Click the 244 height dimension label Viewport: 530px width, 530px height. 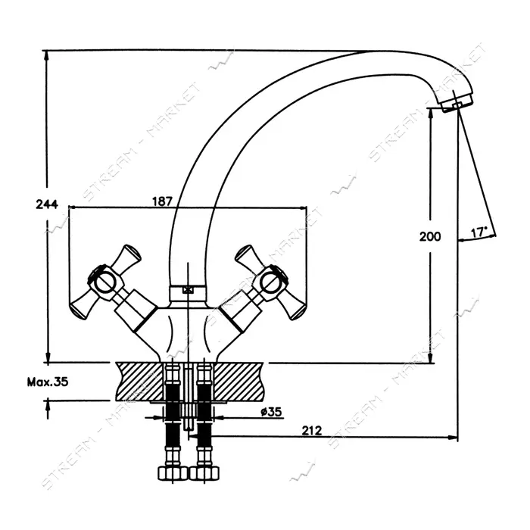(x=47, y=204)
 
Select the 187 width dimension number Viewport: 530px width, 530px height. (x=162, y=201)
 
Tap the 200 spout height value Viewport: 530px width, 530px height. (x=430, y=236)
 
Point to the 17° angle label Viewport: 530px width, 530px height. (x=479, y=232)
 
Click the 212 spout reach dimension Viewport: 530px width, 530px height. (x=312, y=431)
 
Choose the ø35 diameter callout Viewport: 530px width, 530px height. (x=271, y=412)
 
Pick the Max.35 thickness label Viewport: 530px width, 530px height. (x=48, y=382)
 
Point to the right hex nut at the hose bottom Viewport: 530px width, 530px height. (x=204, y=473)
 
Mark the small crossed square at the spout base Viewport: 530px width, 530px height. (x=187, y=290)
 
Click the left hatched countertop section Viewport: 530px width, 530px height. (x=139, y=382)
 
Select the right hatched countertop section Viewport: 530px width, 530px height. (x=238, y=382)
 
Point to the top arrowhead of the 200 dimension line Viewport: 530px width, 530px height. (x=431, y=114)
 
